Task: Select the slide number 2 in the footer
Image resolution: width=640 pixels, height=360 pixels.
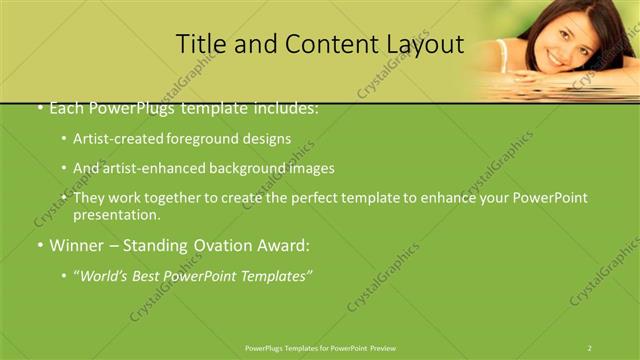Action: coord(590,347)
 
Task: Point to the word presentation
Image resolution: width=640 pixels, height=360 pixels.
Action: coord(115,214)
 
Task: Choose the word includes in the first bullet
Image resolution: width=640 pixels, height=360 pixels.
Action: coord(284,107)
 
